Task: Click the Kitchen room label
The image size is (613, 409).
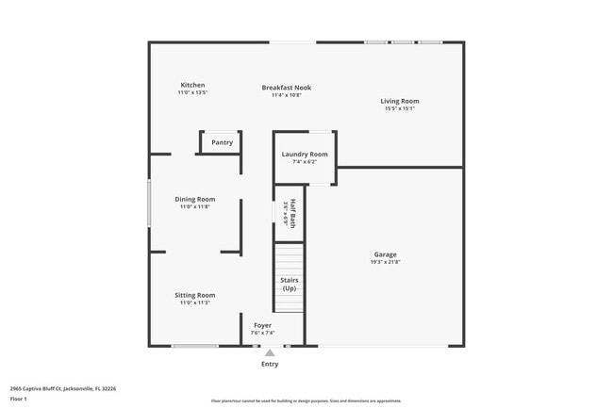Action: point(192,85)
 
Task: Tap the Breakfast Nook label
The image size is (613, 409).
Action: point(286,88)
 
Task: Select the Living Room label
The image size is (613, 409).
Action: point(400,101)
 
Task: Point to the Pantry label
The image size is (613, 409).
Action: point(222,142)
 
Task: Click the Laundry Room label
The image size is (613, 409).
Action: point(305,154)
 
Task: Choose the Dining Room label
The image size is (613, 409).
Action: point(195,199)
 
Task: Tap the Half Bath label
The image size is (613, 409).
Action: point(293,214)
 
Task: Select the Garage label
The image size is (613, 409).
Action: point(385,254)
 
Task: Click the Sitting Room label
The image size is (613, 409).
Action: point(195,295)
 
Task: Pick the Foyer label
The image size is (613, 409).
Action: point(262,325)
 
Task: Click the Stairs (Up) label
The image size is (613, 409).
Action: point(289,284)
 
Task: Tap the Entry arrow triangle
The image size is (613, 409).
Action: point(270,353)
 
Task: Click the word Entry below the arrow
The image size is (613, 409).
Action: point(270,364)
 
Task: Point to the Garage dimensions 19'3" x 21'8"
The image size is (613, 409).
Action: point(385,262)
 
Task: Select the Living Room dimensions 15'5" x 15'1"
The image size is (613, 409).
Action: point(400,108)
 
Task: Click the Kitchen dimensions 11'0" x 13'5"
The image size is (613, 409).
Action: point(192,92)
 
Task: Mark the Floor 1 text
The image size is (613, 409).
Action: point(18,399)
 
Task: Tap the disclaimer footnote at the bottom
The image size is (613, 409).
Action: point(306,401)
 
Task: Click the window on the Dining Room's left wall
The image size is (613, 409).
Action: point(149,203)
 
